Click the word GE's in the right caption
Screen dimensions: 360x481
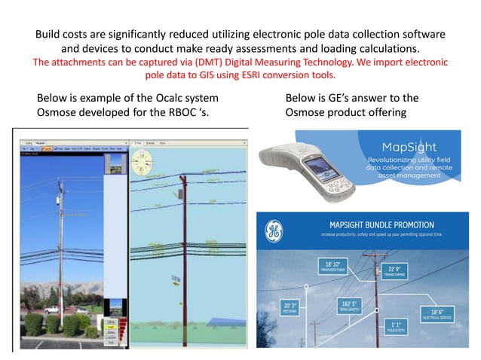(344, 99)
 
